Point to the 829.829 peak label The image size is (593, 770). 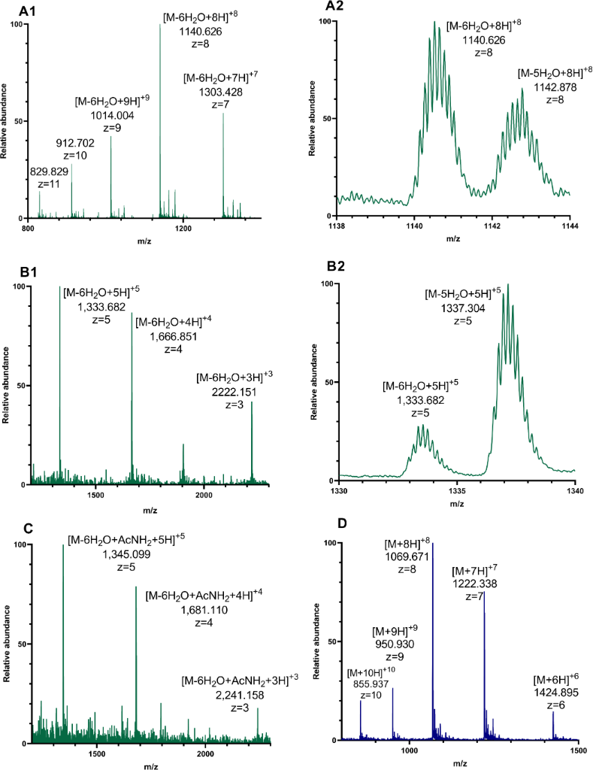click(49, 172)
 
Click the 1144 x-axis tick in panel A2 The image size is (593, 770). click(569, 226)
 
